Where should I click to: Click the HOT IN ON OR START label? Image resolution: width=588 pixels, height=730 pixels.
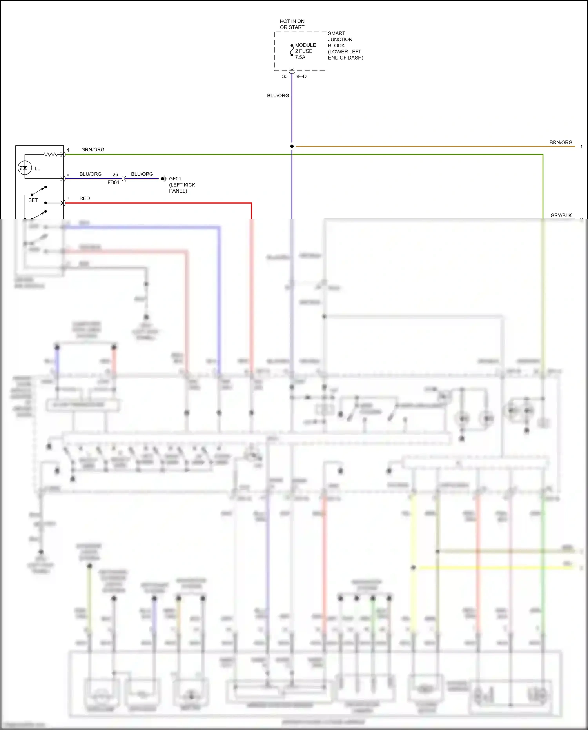[292, 24]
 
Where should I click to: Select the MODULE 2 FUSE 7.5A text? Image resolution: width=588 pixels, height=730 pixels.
[305, 51]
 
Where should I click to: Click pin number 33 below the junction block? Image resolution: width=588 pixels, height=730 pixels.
[285, 76]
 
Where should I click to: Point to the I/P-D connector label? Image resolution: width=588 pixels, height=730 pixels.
[301, 76]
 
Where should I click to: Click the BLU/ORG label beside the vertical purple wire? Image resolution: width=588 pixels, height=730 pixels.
[278, 96]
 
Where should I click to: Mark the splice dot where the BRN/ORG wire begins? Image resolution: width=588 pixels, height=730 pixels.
[292, 146]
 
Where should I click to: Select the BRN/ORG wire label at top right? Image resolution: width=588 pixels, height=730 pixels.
[561, 142]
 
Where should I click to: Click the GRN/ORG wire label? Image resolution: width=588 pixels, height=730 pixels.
[93, 150]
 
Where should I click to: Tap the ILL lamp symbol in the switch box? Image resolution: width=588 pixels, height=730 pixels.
[25, 168]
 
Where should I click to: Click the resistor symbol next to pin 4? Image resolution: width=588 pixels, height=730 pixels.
[51, 155]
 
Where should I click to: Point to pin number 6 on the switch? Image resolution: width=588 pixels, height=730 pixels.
[68, 175]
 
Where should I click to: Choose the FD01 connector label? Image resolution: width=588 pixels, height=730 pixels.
[113, 182]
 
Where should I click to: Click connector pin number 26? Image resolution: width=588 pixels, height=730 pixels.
[115, 175]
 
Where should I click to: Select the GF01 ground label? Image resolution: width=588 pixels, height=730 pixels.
[175, 179]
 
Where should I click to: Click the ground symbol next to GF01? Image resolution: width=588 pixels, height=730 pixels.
[163, 179]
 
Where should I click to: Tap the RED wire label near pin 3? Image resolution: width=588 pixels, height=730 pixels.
[85, 198]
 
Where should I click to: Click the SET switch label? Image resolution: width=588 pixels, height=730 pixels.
[33, 200]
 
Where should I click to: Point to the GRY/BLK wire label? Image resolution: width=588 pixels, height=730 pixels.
[561, 215]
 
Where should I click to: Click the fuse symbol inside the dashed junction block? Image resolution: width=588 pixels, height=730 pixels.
[292, 51]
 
